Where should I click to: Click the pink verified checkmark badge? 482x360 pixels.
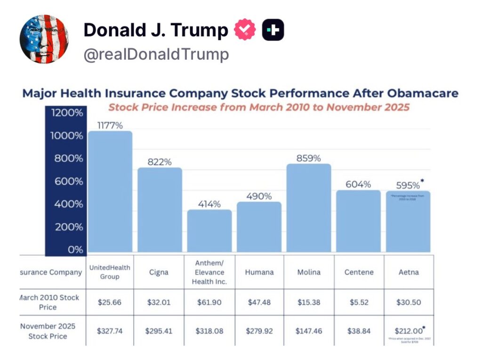click(x=245, y=30)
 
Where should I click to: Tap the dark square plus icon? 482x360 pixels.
click(x=273, y=30)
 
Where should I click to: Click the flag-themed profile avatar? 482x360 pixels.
click(x=44, y=39)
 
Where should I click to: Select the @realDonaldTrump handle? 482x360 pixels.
click(x=156, y=55)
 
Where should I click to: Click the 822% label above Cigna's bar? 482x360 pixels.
click(x=160, y=161)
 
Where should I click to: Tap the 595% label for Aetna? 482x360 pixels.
click(x=408, y=185)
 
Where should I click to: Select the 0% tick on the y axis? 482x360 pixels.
click(x=75, y=249)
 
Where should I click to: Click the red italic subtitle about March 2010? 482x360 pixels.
click(x=259, y=107)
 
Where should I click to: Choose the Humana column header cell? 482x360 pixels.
click(x=259, y=272)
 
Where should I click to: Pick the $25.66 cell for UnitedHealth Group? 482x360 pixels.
click(x=109, y=302)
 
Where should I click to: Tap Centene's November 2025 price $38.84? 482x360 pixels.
click(x=359, y=331)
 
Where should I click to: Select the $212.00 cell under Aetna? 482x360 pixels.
click(x=407, y=330)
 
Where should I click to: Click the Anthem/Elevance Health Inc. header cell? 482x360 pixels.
click(x=209, y=272)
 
